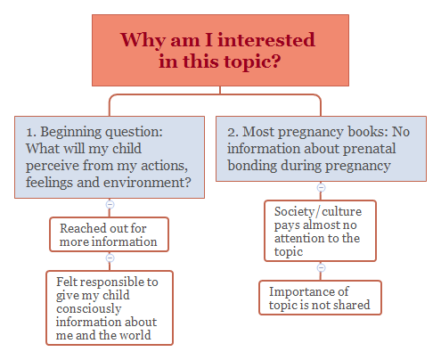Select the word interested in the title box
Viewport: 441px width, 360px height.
pyautogui.click(x=265, y=40)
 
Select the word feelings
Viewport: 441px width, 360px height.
pyautogui.click(x=54, y=183)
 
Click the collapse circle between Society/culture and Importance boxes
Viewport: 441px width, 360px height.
pyautogui.click(x=321, y=267)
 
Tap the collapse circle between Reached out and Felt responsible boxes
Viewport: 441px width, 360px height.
pyautogui.click(x=110, y=258)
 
